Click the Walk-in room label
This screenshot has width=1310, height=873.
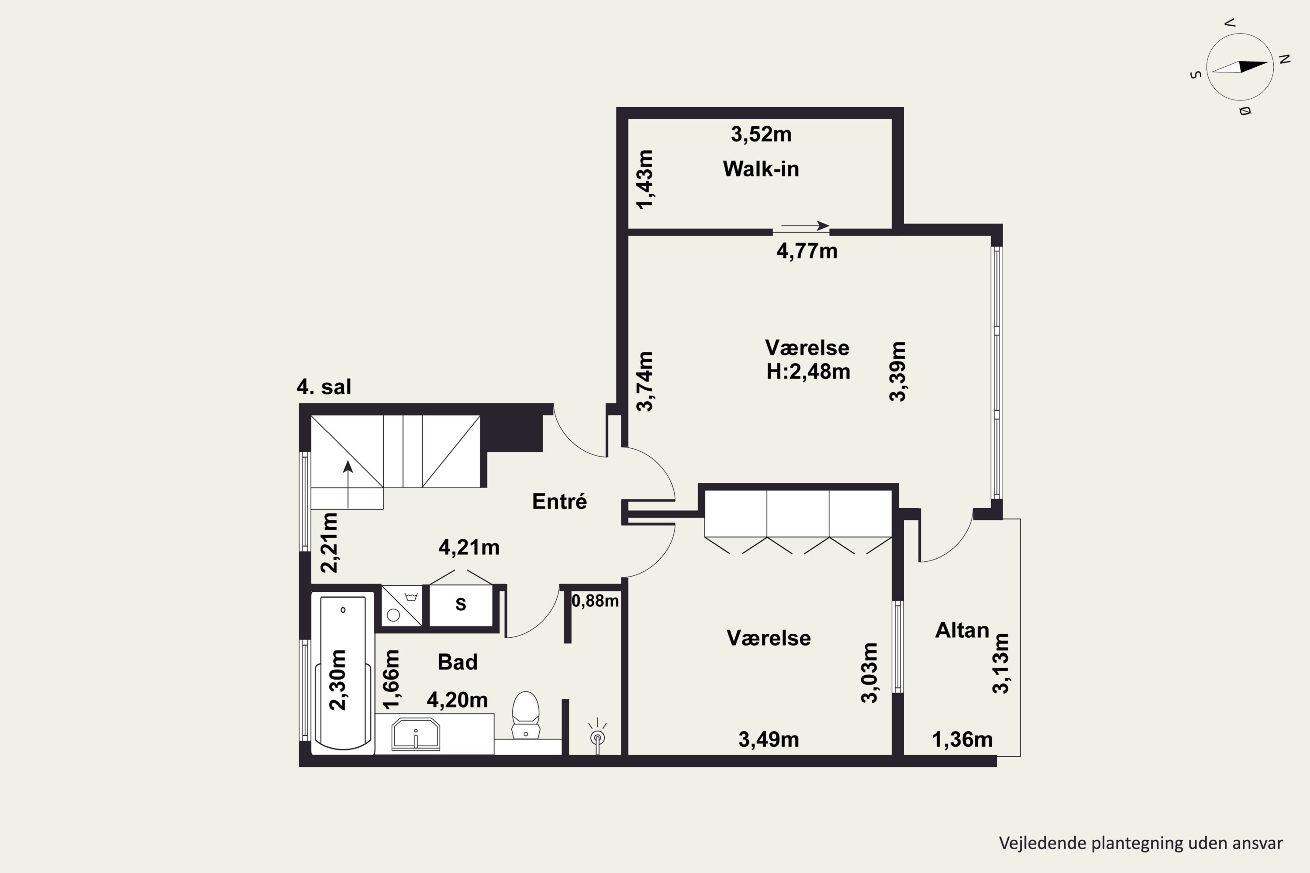(761, 168)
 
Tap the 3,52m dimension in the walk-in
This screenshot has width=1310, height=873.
(761, 134)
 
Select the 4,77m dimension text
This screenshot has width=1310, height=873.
(807, 251)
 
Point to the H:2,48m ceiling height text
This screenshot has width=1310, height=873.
(808, 371)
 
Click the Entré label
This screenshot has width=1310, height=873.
(559, 501)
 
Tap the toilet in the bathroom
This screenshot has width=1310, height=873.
(525, 715)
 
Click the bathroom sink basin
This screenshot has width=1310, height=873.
(416, 734)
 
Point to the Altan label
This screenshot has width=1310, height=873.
(962, 630)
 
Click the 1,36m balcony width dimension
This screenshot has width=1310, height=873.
(962, 739)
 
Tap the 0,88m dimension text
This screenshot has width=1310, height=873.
(595, 601)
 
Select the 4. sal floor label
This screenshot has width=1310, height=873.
(324, 386)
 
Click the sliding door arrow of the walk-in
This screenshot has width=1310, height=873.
(805, 226)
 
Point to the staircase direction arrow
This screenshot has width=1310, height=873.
(348, 484)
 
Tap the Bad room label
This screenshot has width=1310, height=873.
(457, 662)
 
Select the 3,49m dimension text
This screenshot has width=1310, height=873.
(769, 739)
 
